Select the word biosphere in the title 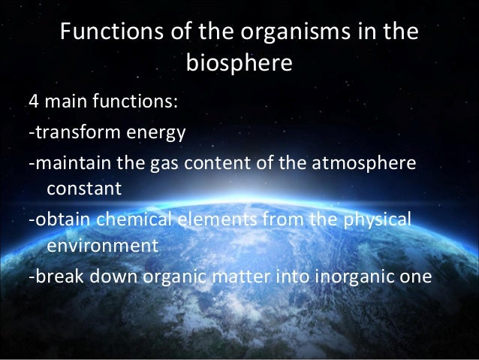[238, 67]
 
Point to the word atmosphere [365, 164]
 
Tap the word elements [217, 219]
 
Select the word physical [377, 220]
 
